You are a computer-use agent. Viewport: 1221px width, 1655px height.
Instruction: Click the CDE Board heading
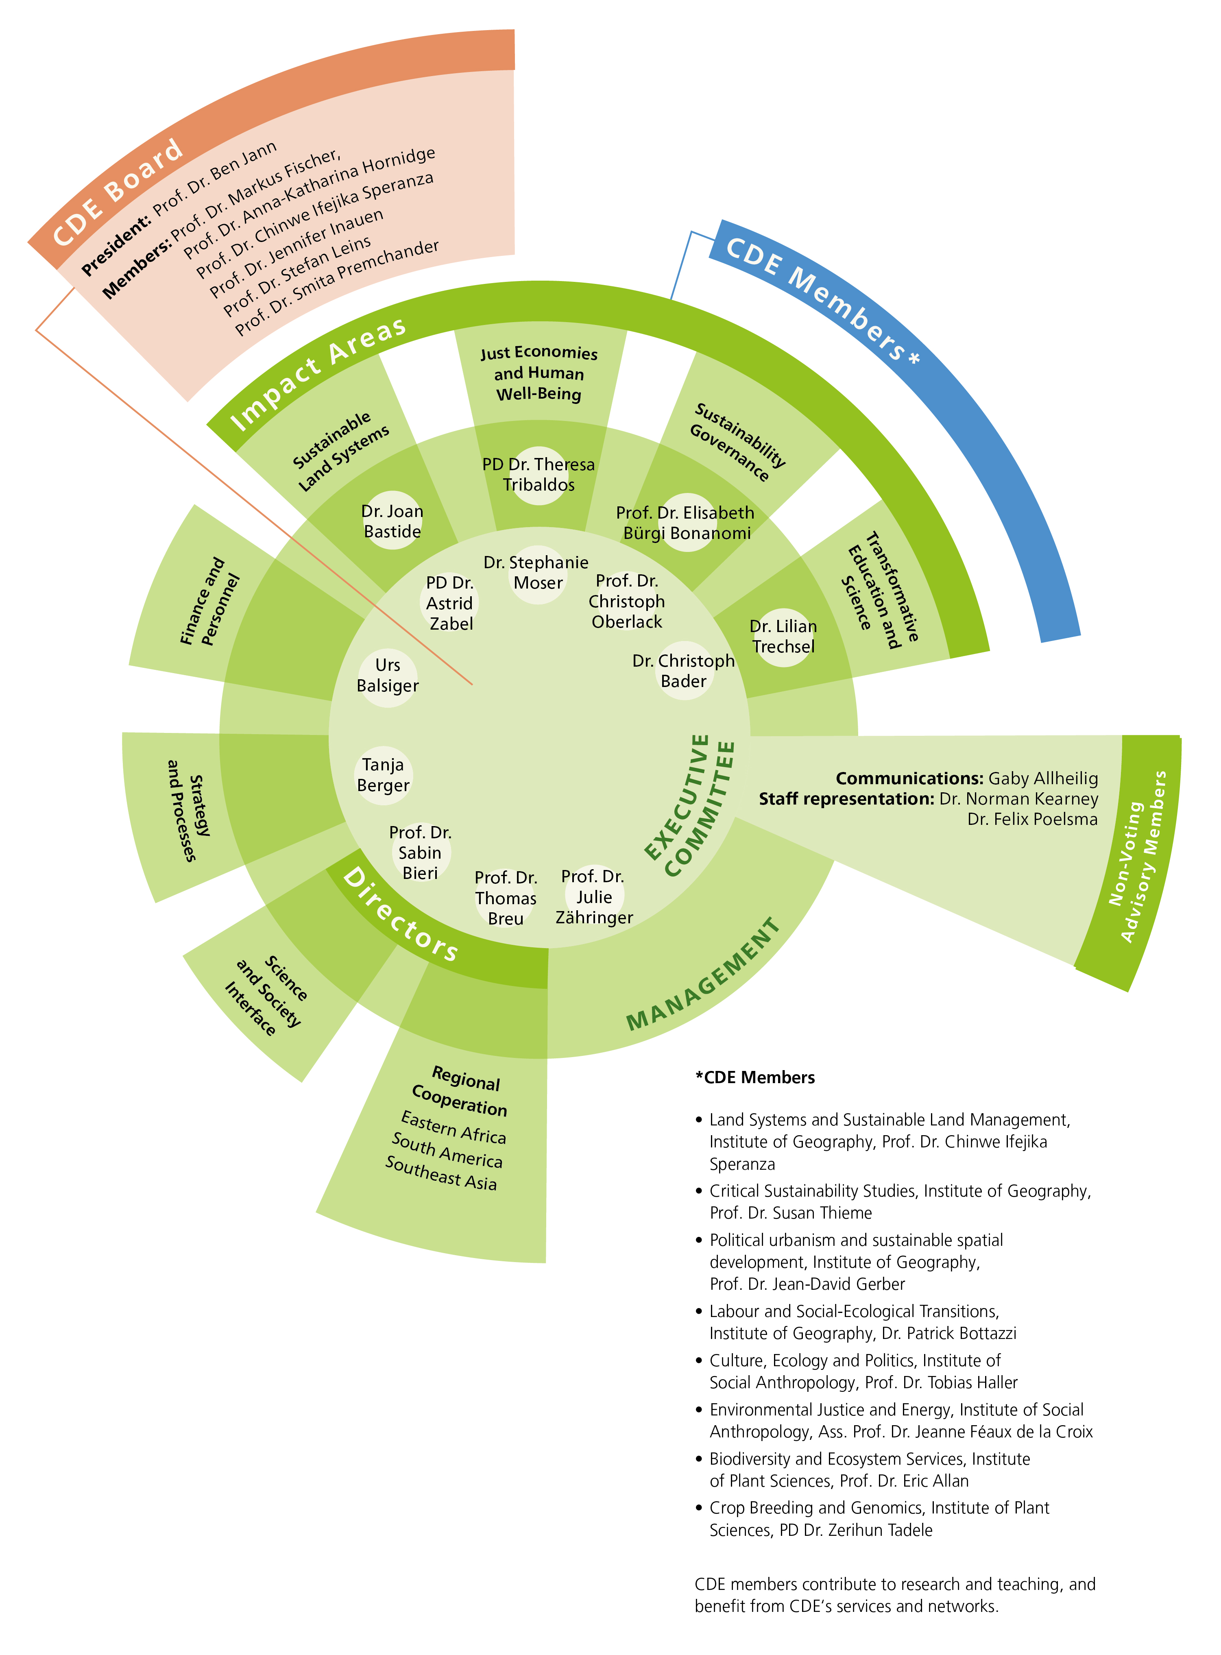pos(118,194)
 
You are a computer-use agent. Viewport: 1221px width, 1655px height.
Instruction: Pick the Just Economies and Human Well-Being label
pos(539,373)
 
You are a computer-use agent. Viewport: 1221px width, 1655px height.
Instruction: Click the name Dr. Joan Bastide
pos(392,521)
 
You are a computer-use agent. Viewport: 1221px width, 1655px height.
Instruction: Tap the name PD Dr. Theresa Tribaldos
pos(539,475)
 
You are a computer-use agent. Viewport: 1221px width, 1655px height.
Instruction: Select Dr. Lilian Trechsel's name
pos(783,637)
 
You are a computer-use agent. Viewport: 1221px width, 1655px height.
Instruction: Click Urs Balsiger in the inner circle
pos(387,675)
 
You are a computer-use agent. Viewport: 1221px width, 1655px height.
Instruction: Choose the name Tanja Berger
pos(383,775)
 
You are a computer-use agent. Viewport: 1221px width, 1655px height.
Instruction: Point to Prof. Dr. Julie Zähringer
pos(594,896)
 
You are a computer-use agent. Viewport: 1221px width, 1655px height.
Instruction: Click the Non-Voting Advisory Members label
pos(1138,857)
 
